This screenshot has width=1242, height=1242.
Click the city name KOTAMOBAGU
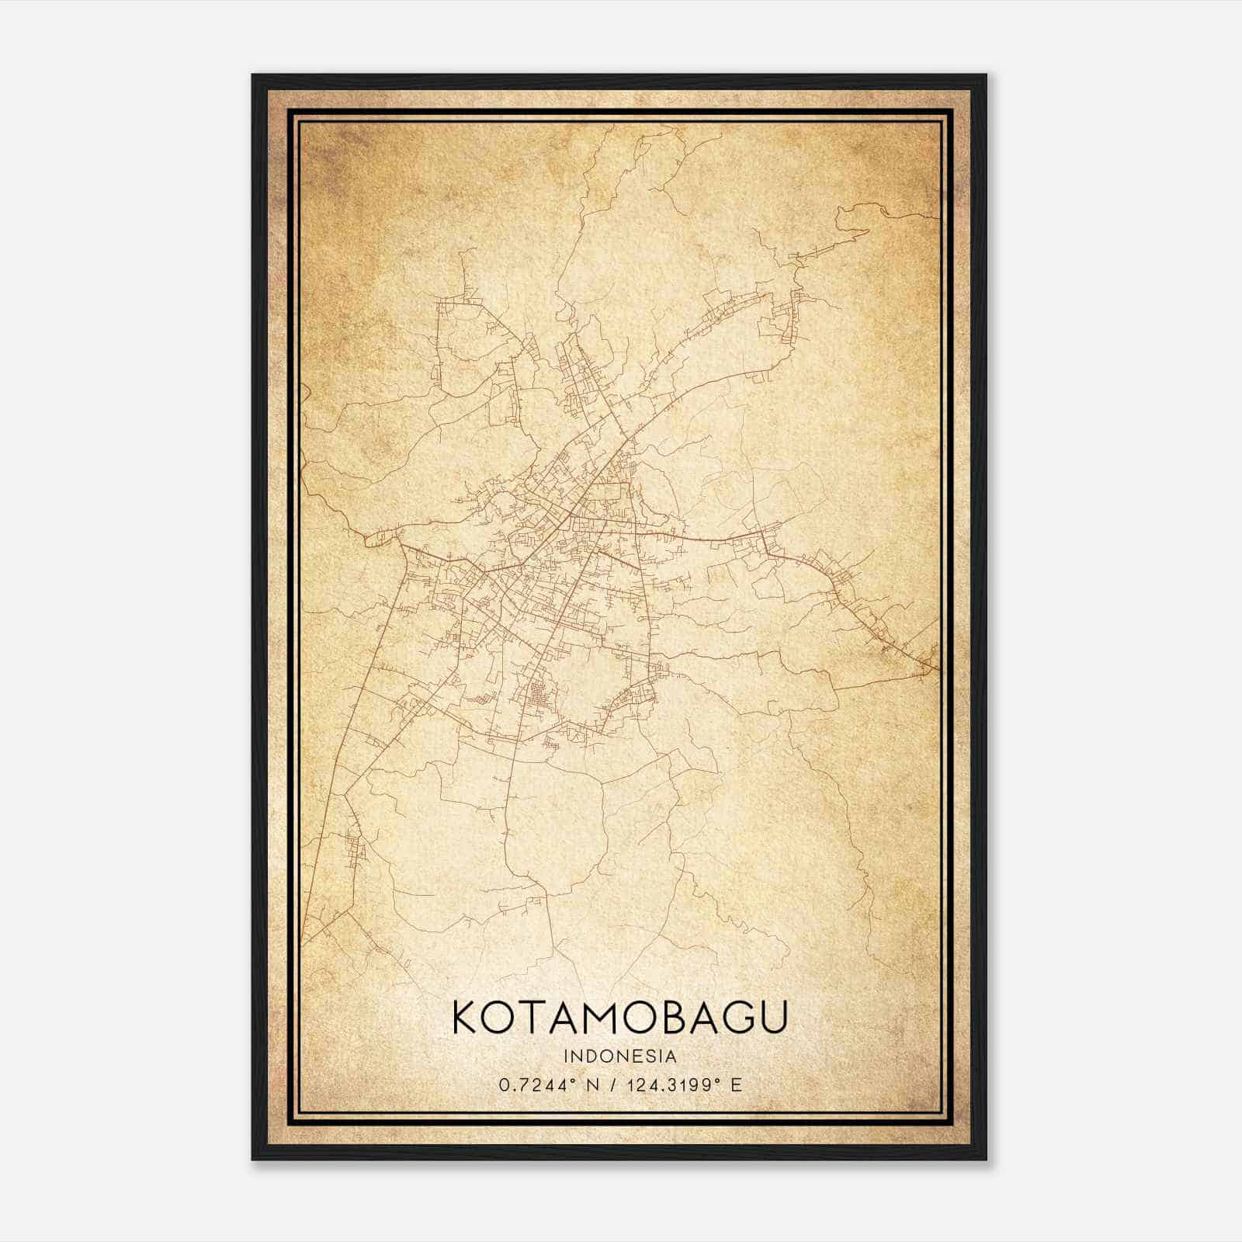point(619,1017)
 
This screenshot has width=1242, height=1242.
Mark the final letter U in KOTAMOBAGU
point(774,1017)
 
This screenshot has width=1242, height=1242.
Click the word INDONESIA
point(619,1056)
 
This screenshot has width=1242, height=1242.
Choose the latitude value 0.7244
point(529,1084)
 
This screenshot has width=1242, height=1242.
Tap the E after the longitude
point(736,1084)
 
